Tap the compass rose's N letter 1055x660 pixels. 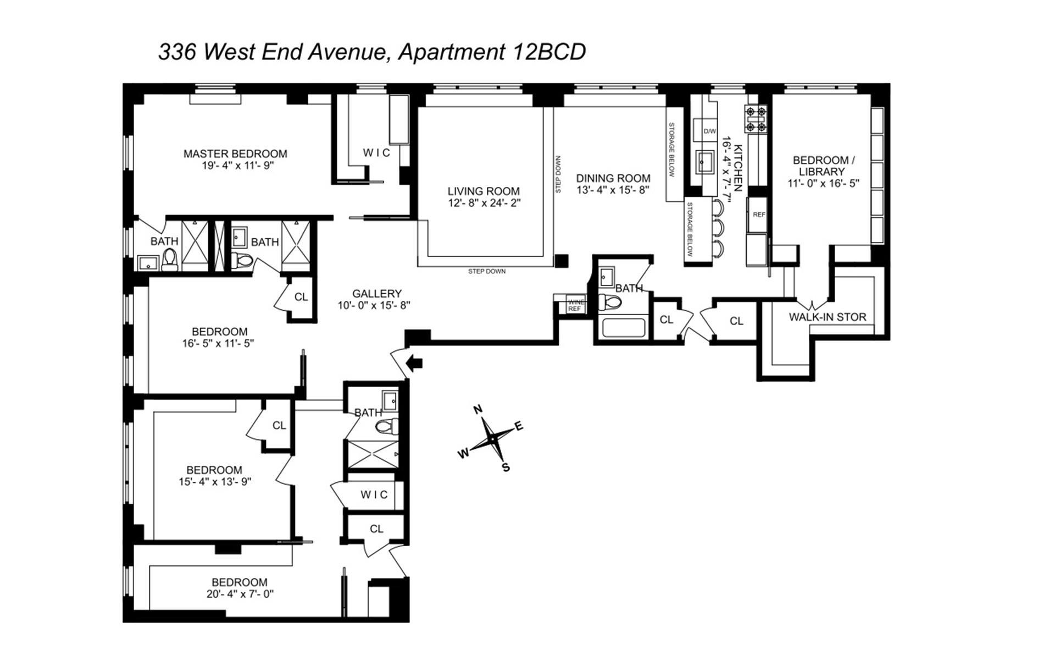(x=478, y=409)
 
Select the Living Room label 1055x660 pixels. (x=483, y=191)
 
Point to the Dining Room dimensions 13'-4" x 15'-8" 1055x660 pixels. (x=613, y=190)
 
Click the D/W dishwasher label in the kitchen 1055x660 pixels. (x=710, y=131)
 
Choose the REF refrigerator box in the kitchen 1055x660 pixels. (x=758, y=215)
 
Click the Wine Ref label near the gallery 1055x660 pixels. (x=575, y=305)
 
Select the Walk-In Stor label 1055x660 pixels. (x=827, y=317)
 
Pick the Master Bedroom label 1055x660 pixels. (x=235, y=153)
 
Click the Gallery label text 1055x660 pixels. (x=377, y=294)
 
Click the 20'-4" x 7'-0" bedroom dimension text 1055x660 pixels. (x=239, y=594)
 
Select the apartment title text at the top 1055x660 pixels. (x=372, y=52)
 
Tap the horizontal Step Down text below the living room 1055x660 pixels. (x=487, y=271)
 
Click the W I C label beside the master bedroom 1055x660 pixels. (x=376, y=152)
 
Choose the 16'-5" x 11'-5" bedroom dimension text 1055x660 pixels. (x=218, y=344)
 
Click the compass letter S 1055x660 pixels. (x=506, y=468)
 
